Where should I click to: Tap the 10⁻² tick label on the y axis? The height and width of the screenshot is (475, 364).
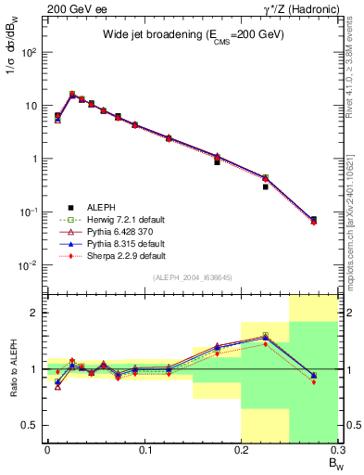click(x=27, y=265)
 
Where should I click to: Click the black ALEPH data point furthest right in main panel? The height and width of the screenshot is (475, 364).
click(x=313, y=220)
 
